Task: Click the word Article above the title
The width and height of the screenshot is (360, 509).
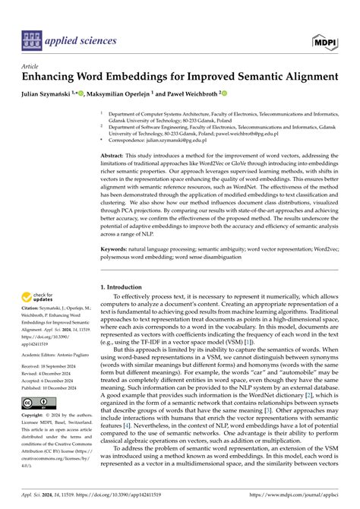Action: click(x=30, y=66)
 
